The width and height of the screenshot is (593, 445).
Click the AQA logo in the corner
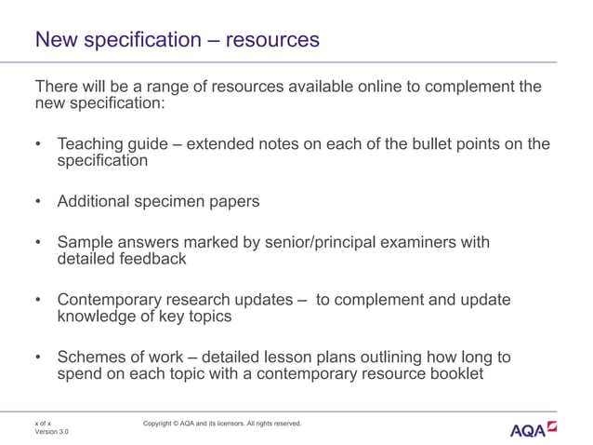534,429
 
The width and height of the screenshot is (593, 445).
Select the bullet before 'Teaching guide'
39,144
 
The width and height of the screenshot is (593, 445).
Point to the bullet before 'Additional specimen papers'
39,202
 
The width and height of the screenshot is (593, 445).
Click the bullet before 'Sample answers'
39,243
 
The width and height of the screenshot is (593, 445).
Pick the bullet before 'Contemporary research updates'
39,301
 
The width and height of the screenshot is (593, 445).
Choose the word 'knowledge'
98,317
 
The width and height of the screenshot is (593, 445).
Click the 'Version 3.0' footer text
52,433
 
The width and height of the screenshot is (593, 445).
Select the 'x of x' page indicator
43,423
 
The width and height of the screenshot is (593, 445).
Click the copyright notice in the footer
222,424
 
